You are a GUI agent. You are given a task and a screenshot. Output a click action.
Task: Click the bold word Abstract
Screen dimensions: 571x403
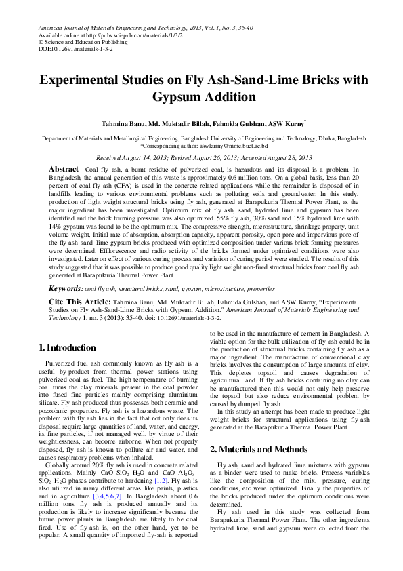[x=64, y=168]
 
